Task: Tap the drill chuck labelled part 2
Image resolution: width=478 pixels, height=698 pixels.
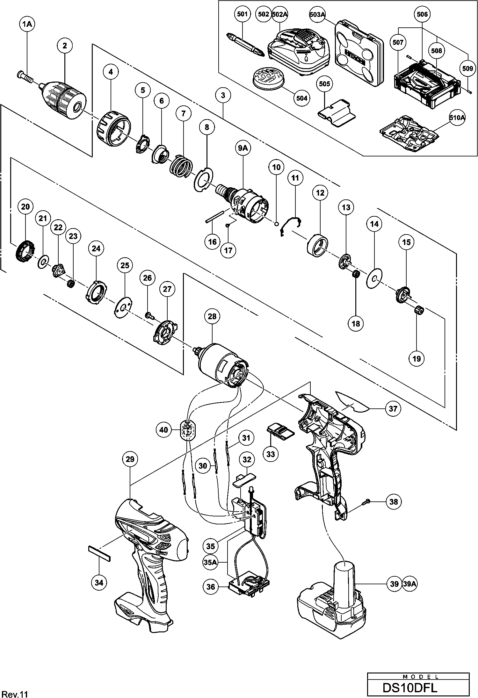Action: [65, 100]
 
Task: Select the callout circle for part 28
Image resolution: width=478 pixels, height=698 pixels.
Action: [212, 316]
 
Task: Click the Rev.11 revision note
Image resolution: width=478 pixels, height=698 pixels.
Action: [13, 693]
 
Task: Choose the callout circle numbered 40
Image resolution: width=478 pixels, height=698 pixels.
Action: [164, 430]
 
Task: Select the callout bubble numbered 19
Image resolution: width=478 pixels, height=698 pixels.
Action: [416, 359]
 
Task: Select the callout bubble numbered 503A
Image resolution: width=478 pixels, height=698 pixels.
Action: [317, 14]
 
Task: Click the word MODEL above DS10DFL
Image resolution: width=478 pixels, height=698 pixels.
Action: [418, 674]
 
